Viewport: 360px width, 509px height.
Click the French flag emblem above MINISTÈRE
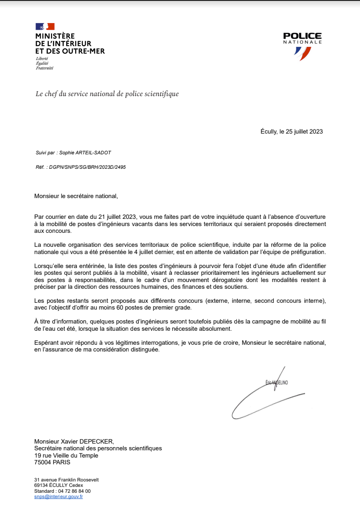45,27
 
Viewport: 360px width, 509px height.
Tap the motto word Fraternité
44,68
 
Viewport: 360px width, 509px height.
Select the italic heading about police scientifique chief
107,94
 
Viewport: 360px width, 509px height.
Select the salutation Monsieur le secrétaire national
76,196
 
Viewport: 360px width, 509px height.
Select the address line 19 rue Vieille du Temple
66,455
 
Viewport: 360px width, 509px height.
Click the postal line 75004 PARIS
52,462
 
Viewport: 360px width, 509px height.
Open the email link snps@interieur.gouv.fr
59,496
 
